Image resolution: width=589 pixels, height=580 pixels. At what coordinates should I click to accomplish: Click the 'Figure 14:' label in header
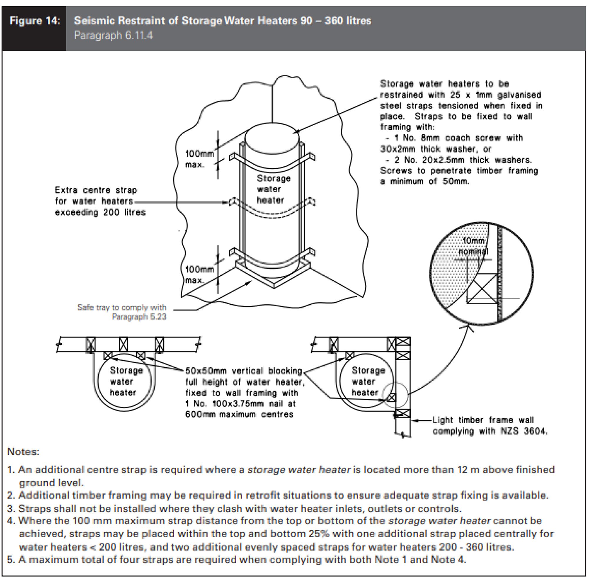tap(35, 21)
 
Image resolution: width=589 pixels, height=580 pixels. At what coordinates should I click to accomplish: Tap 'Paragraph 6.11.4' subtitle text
tap(113, 35)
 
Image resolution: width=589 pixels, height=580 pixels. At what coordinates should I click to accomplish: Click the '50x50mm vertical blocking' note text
tap(244, 371)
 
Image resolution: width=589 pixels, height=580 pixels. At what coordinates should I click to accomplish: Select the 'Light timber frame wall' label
tap(483, 420)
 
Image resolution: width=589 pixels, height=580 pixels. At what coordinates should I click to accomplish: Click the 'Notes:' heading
tap(23, 451)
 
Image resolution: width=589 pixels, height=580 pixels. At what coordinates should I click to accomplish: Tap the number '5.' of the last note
tap(11, 559)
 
